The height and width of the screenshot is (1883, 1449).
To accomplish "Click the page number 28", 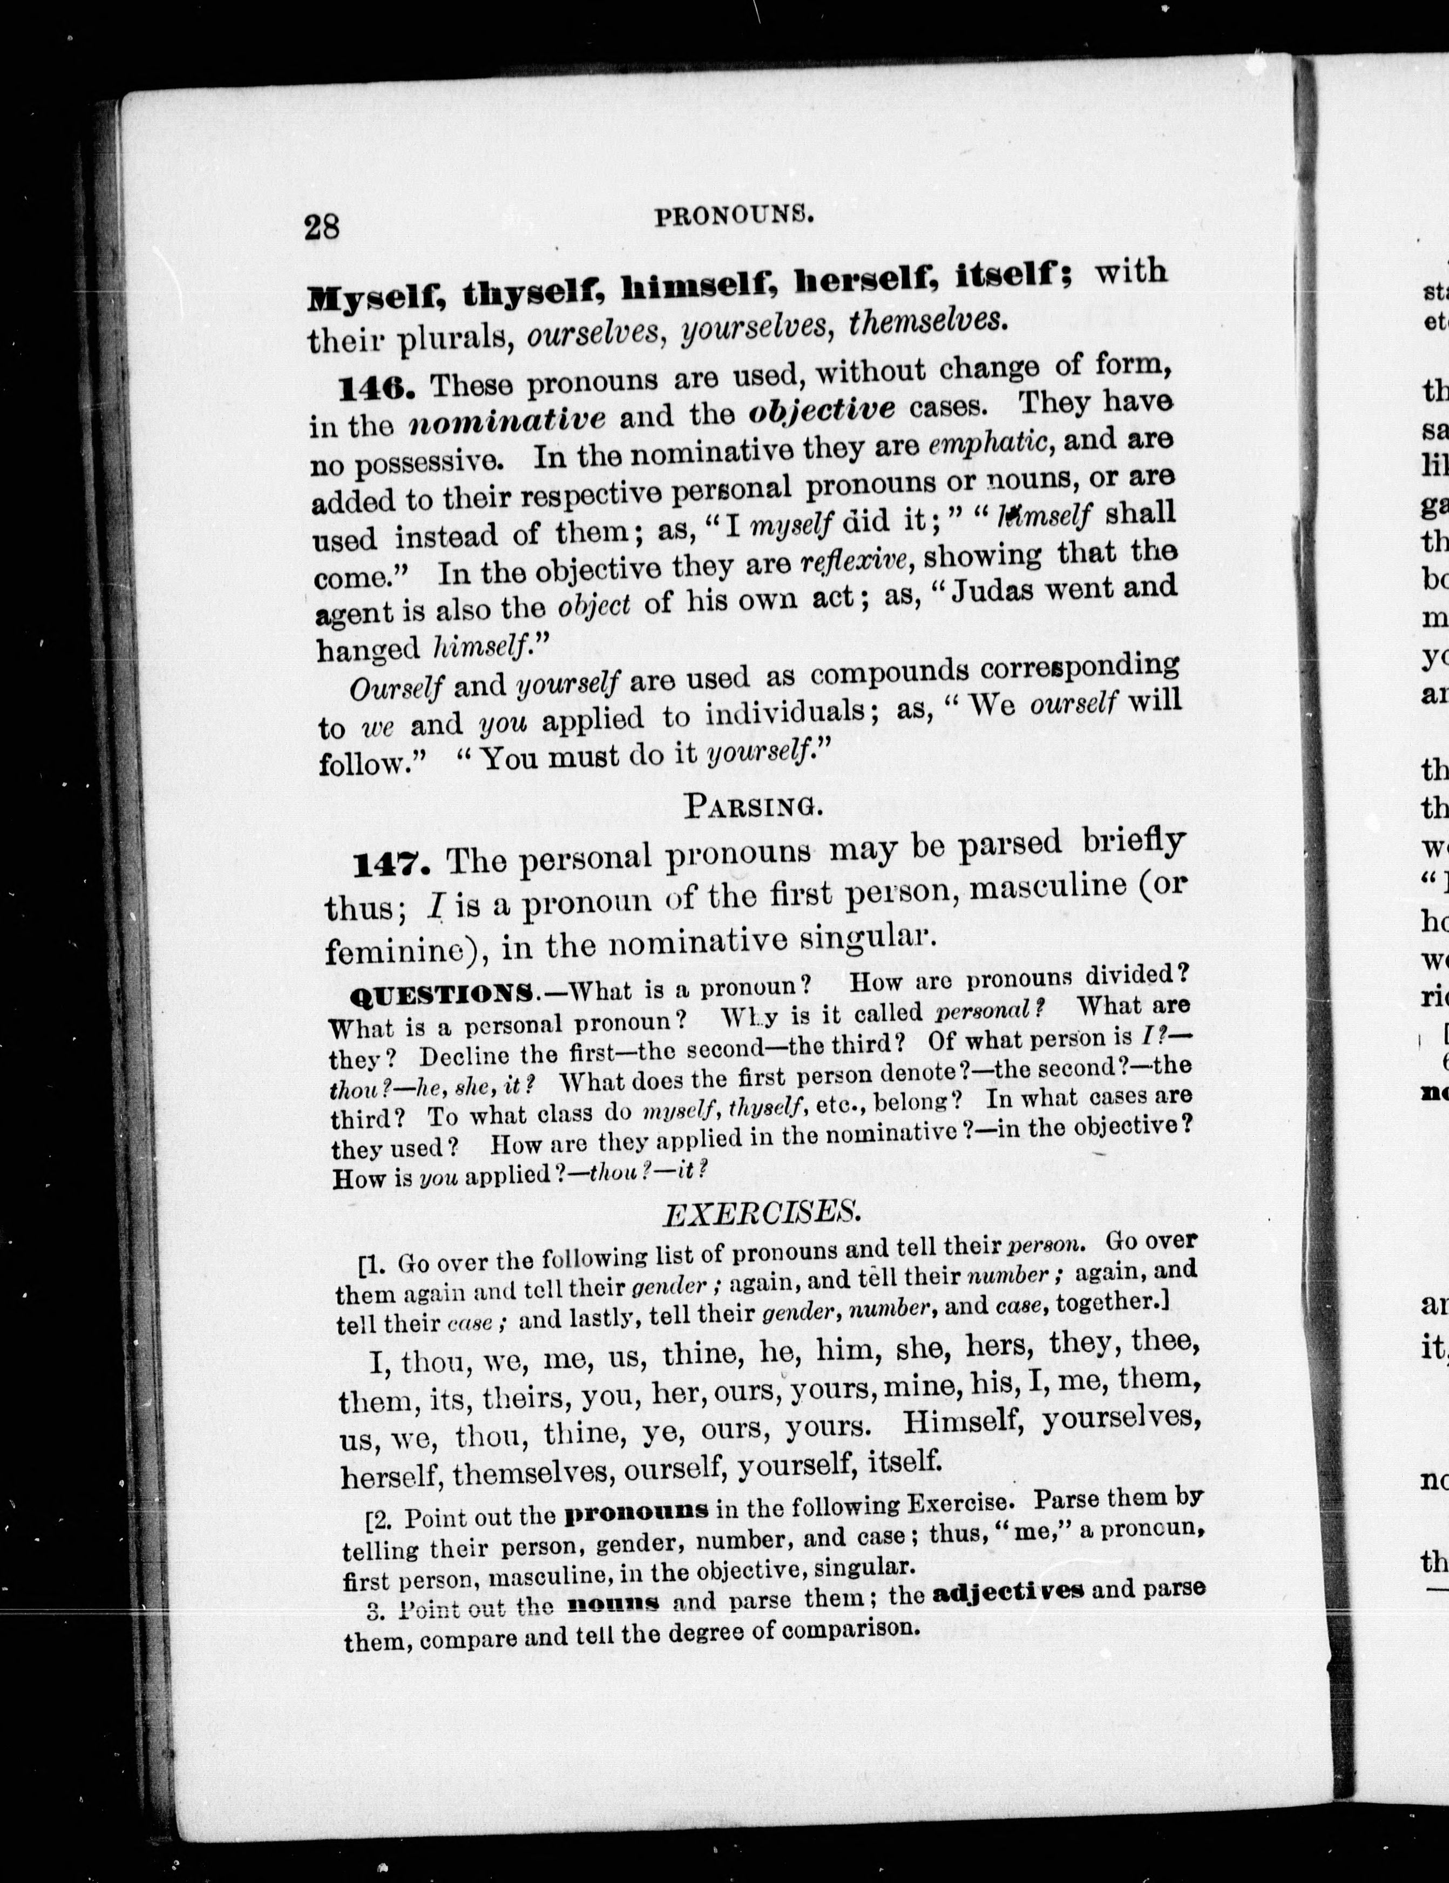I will tap(322, 227).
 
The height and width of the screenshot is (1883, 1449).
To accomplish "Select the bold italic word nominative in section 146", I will tap(507, 420).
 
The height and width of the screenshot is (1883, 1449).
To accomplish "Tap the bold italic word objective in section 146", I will tap(822, 410).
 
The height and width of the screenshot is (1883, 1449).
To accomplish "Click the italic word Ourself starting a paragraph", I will tap(397, 689).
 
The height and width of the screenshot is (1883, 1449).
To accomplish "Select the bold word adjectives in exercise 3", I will tap(1008, 1591).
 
